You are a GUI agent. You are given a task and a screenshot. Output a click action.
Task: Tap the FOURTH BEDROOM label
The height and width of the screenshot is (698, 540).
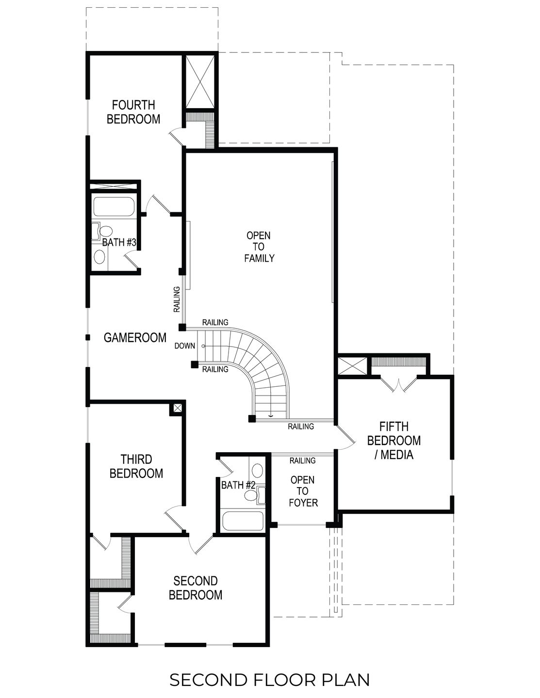tap(133, 112)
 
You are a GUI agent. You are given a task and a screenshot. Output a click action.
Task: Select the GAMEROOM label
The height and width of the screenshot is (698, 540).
tap(135, 337)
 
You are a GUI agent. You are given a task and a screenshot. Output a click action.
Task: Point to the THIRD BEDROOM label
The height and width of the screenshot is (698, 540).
tap(136, 466)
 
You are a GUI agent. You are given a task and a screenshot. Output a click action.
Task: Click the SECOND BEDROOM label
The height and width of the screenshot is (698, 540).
tap(196, 587)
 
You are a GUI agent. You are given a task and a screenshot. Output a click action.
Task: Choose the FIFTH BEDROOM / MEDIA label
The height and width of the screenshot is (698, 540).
tap(393, 440)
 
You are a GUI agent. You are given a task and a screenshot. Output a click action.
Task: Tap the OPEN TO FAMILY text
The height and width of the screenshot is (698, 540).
tap(259, 247)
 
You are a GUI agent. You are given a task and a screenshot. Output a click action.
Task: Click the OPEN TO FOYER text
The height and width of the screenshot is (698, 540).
tap(303, 491)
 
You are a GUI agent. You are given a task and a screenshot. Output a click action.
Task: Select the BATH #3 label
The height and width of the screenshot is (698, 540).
tap(118, 242)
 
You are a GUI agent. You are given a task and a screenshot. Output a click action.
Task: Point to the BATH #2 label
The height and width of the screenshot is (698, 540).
tap(238, 485)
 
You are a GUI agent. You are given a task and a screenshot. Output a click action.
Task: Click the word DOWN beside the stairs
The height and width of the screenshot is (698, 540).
tap(185, 346)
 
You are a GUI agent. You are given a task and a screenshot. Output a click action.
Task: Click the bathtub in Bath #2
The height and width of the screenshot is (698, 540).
tap(242, 522)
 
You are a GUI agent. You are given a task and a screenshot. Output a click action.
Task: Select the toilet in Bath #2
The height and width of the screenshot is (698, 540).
tap(252, 495)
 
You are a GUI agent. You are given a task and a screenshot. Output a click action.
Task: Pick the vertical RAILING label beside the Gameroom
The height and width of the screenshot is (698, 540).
tap(177, 299)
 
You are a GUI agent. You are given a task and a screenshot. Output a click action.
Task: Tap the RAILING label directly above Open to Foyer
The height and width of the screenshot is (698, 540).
tap(302, 460)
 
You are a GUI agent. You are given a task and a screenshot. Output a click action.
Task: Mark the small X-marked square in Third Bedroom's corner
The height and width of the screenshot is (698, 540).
tap(177, 408)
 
